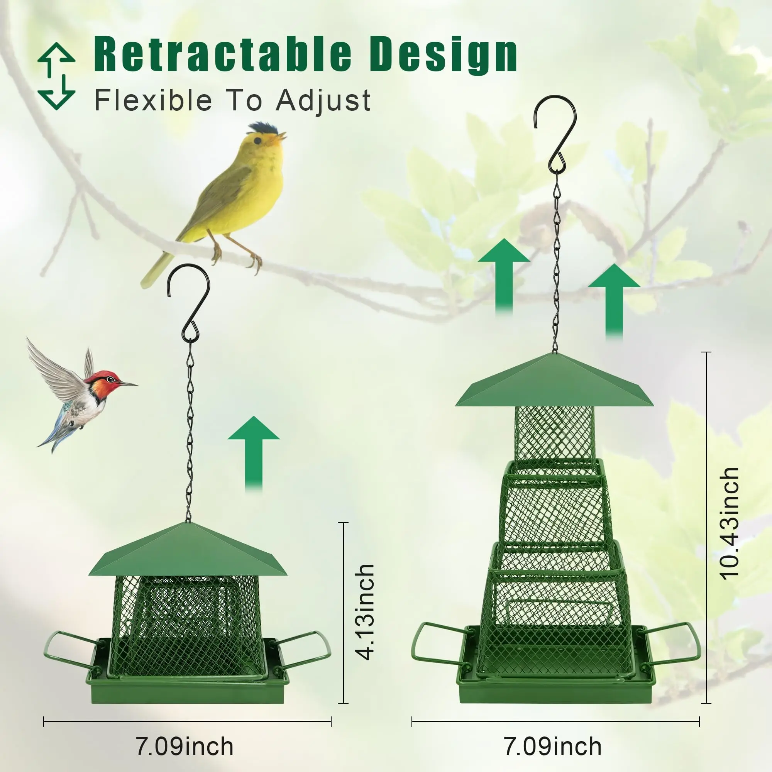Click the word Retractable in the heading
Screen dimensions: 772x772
point(223,54)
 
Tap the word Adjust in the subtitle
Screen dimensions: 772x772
point(323,100)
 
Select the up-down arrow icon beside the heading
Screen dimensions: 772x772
point(56,76)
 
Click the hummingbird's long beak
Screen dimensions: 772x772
point(129,384)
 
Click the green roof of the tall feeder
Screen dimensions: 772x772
point(555,381)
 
